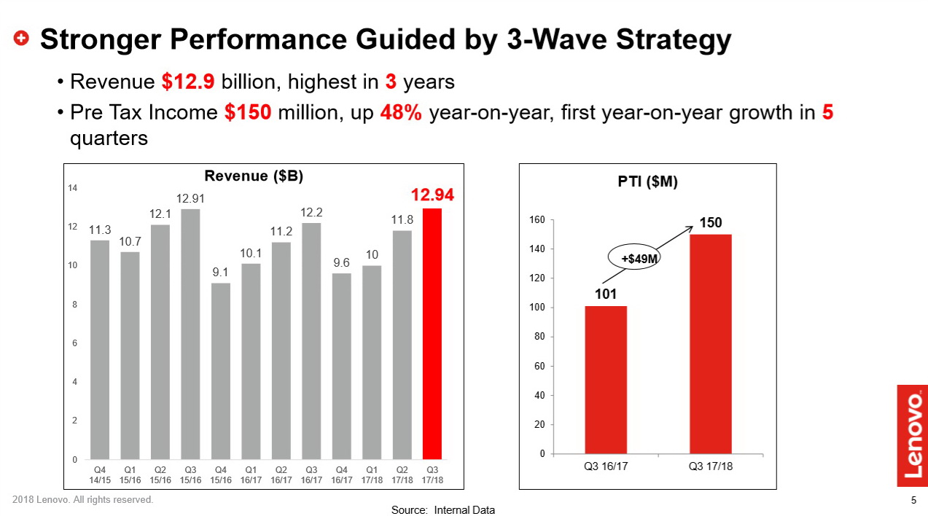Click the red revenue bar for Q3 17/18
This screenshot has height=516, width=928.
coord(432,334)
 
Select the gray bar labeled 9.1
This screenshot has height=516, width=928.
coord(221,371)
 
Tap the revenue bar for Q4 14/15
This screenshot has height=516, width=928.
coord(100,350)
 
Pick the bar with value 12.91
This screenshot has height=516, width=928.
coord(190,334)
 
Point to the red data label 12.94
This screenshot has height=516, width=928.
coord(432,195)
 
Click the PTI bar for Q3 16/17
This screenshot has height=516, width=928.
coord(606,380)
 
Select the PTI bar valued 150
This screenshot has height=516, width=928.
coord(711,344)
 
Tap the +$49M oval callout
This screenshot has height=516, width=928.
coord(633,259)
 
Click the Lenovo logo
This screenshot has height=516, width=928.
coord(912,436)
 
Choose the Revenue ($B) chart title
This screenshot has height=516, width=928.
coord(254,176)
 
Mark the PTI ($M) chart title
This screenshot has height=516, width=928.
coord(647,182)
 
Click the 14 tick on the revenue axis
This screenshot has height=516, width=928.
coord(73,189)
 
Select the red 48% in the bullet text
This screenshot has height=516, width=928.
coord(400,113)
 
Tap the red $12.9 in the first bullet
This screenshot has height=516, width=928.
coord(188,82)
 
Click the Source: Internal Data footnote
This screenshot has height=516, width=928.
coord(442,510)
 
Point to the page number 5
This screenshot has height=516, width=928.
coord(914,500)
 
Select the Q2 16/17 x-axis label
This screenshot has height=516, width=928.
coord(281,475)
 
